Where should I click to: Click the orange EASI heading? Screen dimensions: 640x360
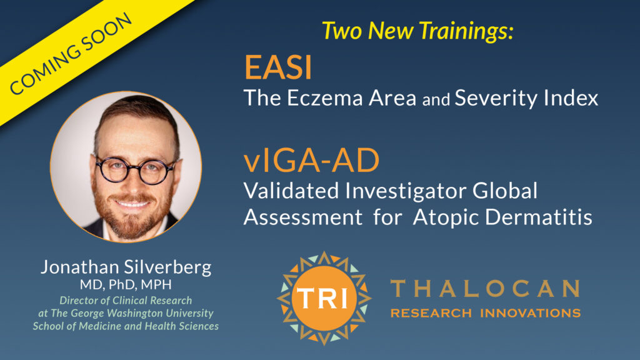(x=278, y=67)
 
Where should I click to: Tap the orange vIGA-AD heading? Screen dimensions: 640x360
(x=311, y=161)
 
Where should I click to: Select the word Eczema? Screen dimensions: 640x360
(x=324, y=98)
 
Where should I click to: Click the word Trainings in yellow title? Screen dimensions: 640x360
(x=466, y=31)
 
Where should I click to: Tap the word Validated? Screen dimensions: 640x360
(x=291, y=191)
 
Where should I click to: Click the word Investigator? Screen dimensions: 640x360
(x=406, y=191)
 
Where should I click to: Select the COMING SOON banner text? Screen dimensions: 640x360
(x=71, y=54)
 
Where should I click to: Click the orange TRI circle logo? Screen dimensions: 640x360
(x=324, y=298)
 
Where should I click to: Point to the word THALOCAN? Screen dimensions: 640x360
(x=485, y=289)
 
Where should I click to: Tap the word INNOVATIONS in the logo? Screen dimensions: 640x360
(x=530, y=313)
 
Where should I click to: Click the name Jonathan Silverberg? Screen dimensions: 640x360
(x=126, y=267)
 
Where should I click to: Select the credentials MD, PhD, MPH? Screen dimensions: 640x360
(x=126, y=284)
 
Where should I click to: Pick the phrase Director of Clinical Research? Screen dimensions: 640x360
(x=126, y=301)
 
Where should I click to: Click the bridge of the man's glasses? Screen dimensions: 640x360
(x=134, y=167)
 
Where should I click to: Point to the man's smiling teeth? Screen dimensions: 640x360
(x=131, y=203)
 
